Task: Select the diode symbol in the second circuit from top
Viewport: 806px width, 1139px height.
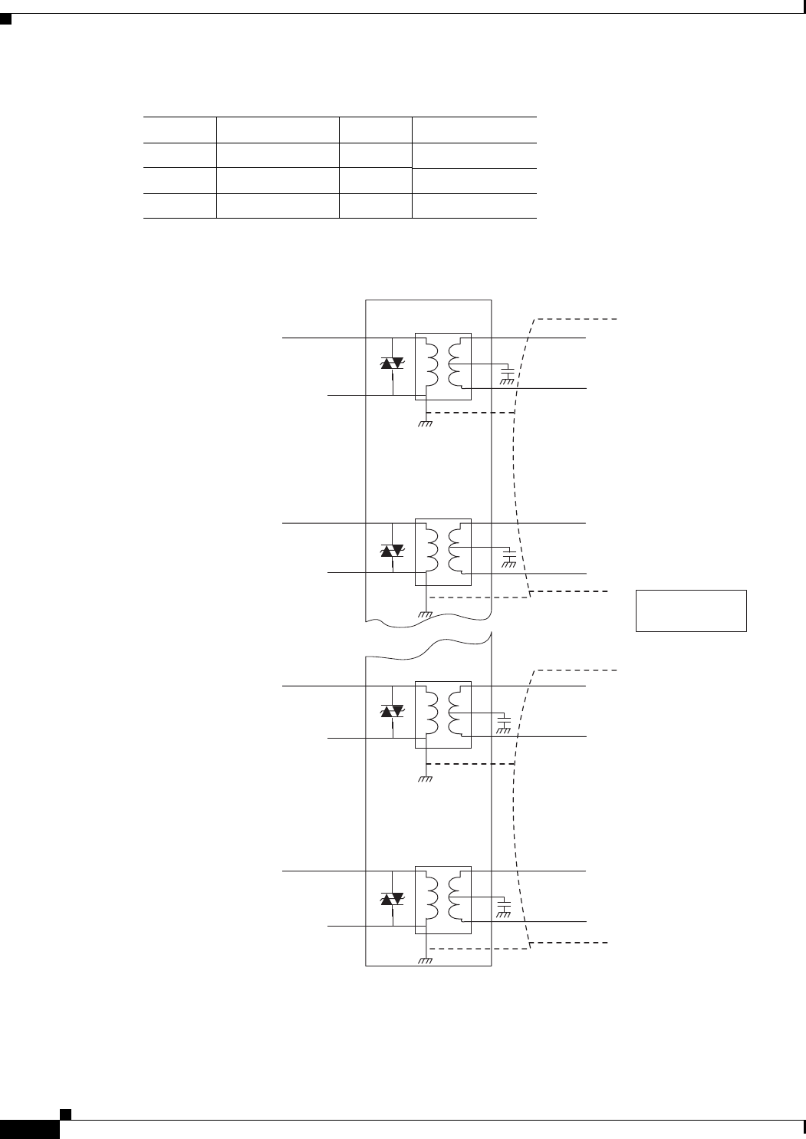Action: (x=393, y=551)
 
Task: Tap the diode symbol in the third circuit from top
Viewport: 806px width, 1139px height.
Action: (x=393, y=712)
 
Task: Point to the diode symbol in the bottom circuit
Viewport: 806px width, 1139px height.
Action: (x=393, y=898)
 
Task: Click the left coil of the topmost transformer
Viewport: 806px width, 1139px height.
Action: (x=432, y=364)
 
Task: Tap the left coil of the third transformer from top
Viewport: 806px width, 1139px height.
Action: (x=432, y=712)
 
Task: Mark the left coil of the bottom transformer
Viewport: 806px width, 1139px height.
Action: (x=432, y=898)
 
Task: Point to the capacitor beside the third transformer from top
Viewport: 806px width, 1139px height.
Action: (x=504, y=723)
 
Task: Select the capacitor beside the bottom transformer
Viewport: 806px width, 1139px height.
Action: (x=504, y=907)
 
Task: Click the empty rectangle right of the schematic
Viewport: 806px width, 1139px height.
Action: (x=691, y=611)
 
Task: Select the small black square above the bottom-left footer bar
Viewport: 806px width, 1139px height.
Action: (x=66, y=1112)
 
